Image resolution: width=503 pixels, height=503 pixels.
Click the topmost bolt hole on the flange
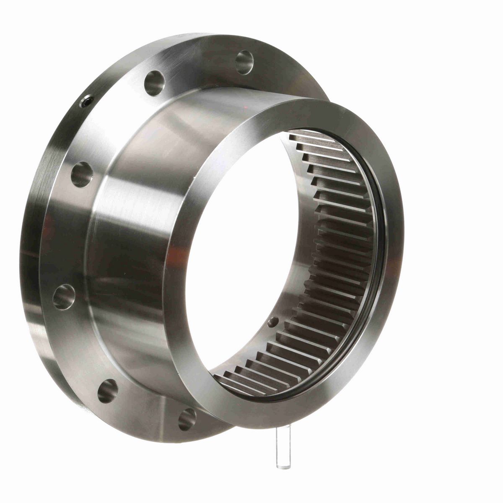coord(244,62)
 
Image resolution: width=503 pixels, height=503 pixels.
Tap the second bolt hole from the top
coord(154,83)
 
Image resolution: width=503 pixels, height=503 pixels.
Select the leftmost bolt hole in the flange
coord(64,296)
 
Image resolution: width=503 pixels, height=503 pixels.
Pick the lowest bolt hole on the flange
coord(187,419)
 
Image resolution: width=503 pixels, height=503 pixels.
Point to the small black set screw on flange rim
coord(86,101)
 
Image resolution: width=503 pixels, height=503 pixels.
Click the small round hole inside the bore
coord(273,322)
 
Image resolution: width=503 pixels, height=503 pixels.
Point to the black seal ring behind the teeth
coord(379,251)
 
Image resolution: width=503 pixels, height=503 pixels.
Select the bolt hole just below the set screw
coord(81,174)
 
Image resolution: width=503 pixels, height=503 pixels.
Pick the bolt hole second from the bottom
coord(107,391)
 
